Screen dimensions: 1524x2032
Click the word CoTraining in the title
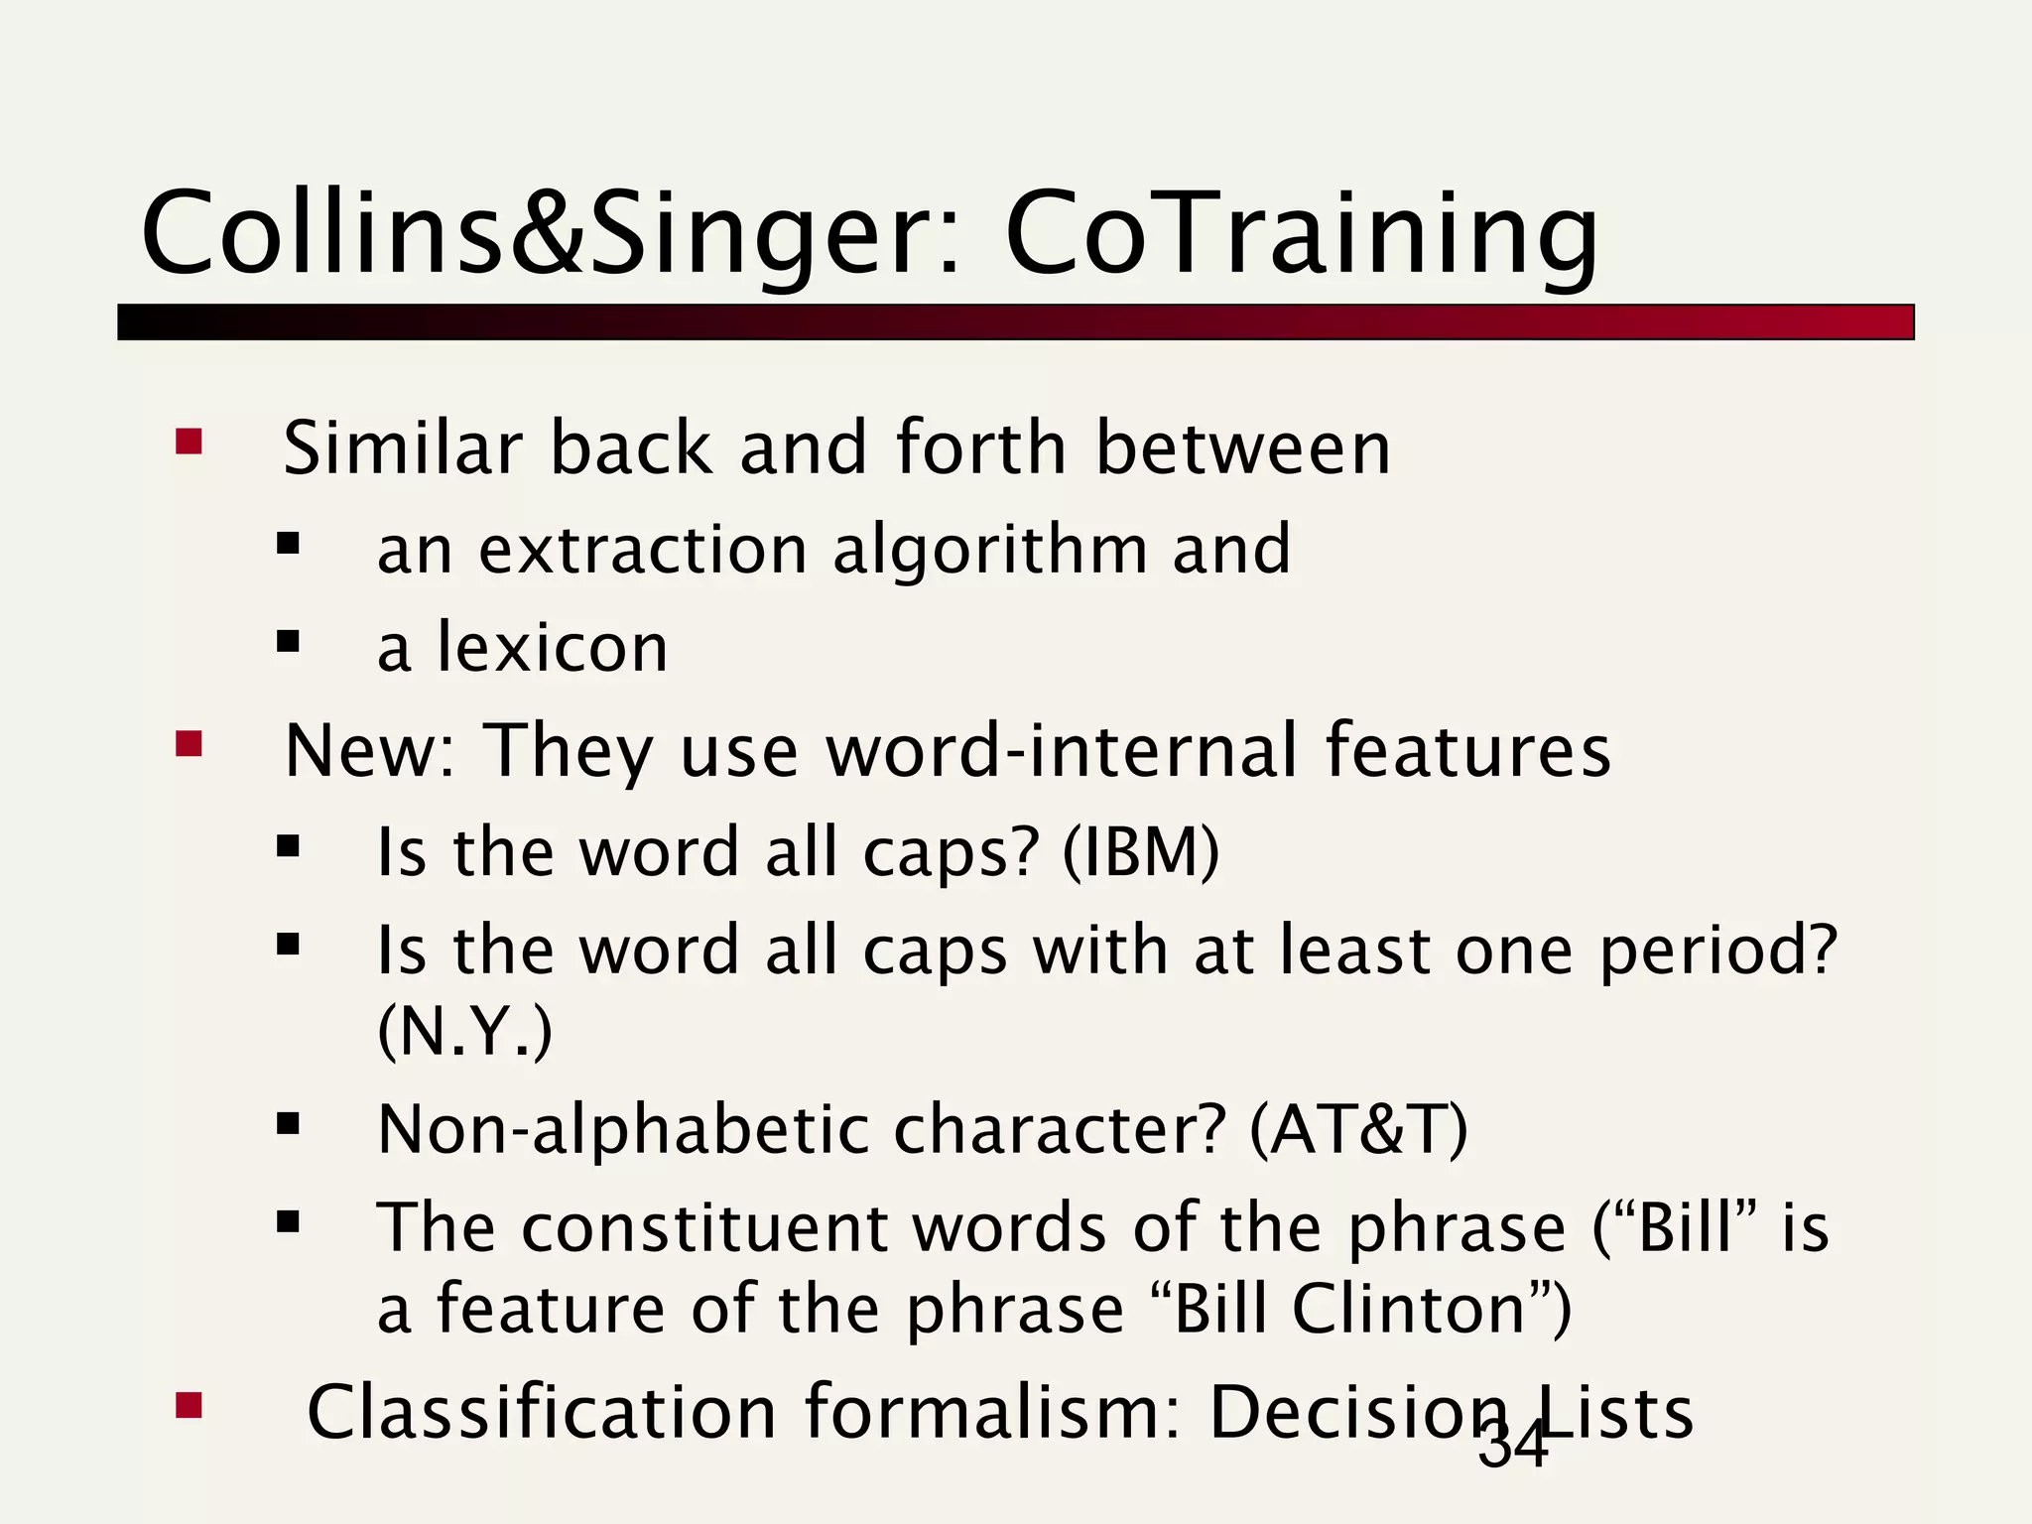click(1302, 234)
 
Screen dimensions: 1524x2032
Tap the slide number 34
click(1513, 1445)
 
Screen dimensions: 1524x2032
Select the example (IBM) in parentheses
click(1140, 851)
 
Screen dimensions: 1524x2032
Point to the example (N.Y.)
click(464, 1032)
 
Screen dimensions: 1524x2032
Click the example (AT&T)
click(1358, 1129)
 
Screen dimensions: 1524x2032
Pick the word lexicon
click(553, 648)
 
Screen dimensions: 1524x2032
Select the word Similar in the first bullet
click(402, 447)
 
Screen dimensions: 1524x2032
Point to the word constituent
click(703, 1228)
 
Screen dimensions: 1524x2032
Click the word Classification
click(542, 1412)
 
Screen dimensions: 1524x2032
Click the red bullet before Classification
click(189, 1405)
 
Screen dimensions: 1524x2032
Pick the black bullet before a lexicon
click(288, 642)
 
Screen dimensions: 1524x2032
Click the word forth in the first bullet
click(980, 447)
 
